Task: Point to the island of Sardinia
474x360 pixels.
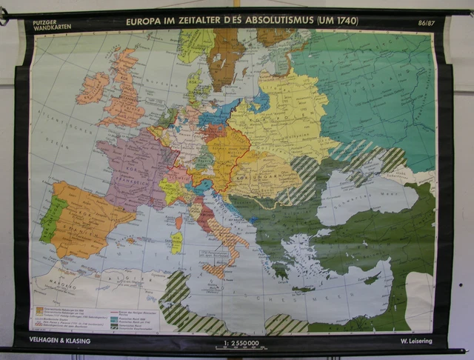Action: point(176,242)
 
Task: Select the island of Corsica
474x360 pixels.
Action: point(178,221)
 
